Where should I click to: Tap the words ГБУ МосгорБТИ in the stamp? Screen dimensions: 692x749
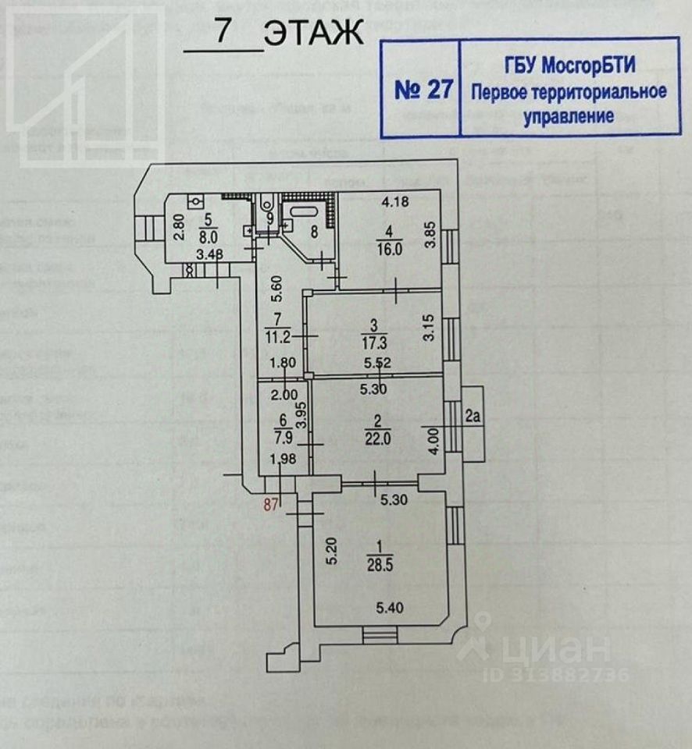(x=568, y=66)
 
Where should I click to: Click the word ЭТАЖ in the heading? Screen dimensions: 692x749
(x=313, y=34)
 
